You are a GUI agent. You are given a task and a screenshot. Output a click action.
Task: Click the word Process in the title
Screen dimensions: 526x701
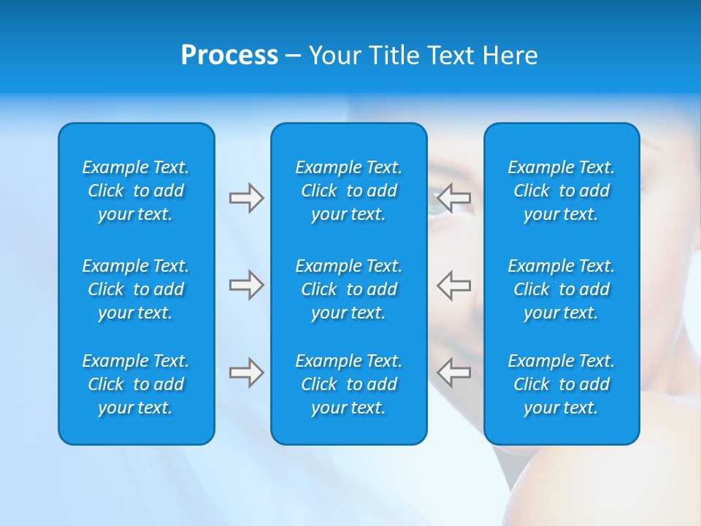click(229, 56)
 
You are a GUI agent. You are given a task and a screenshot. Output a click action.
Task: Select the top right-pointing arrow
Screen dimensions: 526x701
click(246, 198)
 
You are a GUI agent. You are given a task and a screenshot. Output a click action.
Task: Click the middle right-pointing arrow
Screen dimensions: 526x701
click(246, 285)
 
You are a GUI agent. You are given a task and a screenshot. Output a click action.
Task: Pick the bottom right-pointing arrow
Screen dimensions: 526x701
click(246, 373)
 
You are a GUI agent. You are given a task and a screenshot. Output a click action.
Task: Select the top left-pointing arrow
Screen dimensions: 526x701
click(453, 198)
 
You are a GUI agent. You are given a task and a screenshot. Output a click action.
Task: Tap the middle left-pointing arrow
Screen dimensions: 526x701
click(453, 285)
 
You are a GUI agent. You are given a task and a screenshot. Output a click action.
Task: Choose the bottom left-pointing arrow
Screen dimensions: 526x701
click(453, 373)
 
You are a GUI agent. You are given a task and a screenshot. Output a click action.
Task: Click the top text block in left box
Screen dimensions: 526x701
click(136, 191)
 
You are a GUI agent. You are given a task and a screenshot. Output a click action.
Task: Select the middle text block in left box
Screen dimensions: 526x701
click(136, 289)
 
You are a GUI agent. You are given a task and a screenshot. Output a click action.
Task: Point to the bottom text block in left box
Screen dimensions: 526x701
click(136, 384)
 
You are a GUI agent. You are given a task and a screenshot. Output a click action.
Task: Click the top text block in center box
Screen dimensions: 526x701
click(348, 191)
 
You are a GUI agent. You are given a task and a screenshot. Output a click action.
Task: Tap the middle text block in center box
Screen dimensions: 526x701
click(348, 289)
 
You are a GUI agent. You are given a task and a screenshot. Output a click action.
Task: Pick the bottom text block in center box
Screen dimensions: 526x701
click(348, 384)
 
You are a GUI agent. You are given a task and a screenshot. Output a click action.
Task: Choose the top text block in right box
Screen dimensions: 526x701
click(562, 191)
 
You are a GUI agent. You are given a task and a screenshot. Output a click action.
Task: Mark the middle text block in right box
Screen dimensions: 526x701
click(562, 289)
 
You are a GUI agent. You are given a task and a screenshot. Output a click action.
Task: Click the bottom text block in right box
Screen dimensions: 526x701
click(562, 384)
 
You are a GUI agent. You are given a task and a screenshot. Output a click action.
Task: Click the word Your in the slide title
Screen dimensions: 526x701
click(337, 56)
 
